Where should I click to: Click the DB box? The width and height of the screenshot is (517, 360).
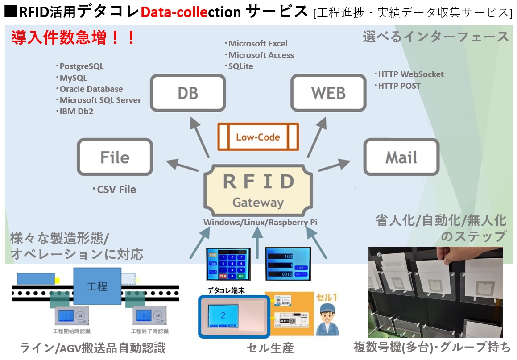click(188, 92)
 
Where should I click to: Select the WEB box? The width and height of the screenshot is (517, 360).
click(329, 92)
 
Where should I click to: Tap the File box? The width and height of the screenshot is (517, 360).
click(115, 157)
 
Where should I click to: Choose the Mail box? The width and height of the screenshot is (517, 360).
click(401, 157)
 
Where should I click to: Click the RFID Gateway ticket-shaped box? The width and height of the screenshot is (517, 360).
click(258, 190)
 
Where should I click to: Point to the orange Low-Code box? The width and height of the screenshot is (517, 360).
click(258, 137)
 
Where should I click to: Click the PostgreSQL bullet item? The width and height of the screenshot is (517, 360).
click(80, 66)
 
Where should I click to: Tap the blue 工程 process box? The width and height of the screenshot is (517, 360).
click(97, 286)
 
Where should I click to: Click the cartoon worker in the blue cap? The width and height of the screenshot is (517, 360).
click(327, 319)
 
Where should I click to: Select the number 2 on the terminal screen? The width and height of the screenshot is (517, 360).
click(223, 315)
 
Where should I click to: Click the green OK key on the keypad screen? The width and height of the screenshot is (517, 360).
click(241, 276)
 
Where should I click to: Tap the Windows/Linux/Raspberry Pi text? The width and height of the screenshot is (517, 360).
click(261, 222)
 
